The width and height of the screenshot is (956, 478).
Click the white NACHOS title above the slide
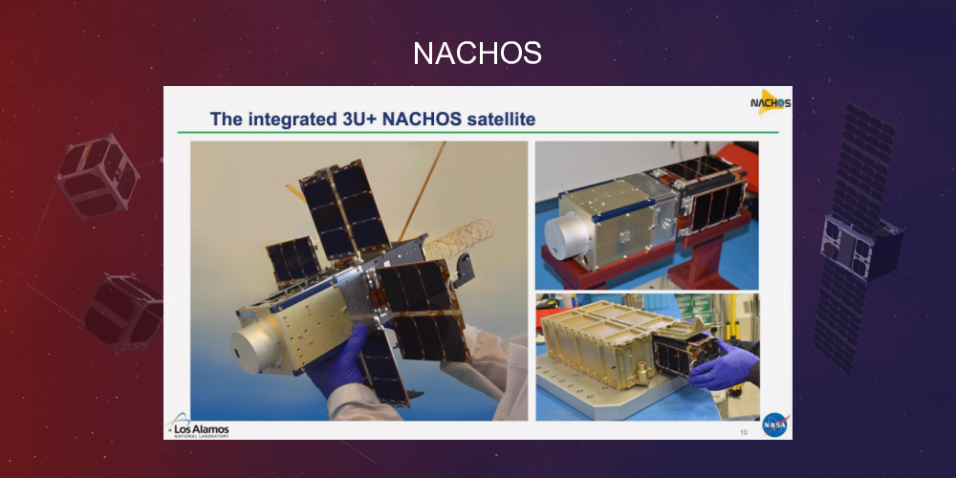[477, 54]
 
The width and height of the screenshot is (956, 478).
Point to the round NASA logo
[774, 424]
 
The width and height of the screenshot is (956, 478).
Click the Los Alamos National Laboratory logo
[198, 428]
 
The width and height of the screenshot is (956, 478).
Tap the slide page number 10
[743, 432]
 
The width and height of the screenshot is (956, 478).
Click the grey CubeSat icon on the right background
[859, 239]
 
